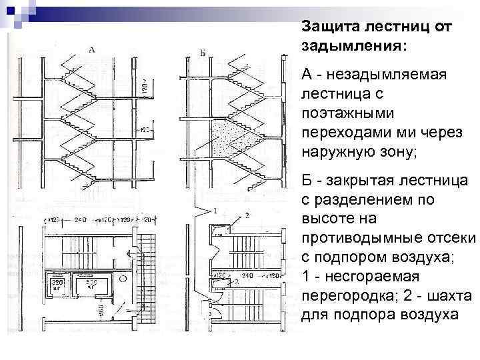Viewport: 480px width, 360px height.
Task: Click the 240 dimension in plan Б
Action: tap(246, 275)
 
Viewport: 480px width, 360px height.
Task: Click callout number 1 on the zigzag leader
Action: tap(215, 211)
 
